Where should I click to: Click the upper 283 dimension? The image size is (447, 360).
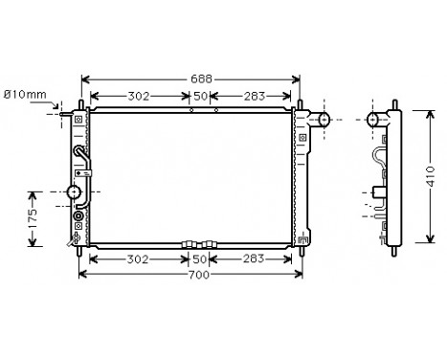click(255, 96)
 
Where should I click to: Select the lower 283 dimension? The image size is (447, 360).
click(255, 259)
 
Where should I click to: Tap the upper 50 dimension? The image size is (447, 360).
click(201, 96)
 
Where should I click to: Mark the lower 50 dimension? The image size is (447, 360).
click(201, 259)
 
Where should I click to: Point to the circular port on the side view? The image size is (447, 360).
click(375, 120)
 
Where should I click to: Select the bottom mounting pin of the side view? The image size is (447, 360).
click(391, 251)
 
